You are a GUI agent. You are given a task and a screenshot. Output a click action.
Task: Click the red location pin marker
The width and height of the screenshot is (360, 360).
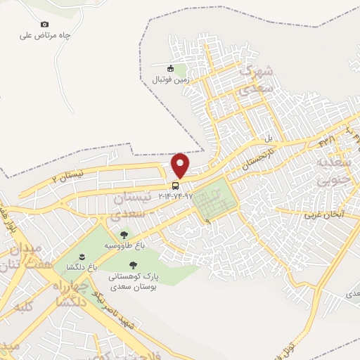pos(181,165)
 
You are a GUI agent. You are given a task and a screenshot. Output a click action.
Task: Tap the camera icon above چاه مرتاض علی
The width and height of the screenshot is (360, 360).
pos(45,24)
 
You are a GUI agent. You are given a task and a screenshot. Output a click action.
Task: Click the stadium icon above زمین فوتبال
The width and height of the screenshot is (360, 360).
pos(170,68)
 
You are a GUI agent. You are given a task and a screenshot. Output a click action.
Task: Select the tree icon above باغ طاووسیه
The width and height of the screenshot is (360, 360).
pos(124,236)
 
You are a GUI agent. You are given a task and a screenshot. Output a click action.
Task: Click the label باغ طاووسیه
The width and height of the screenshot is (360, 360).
pos(121,246)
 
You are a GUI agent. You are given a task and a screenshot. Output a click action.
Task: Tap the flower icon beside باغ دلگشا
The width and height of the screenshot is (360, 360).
pos(82,256)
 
